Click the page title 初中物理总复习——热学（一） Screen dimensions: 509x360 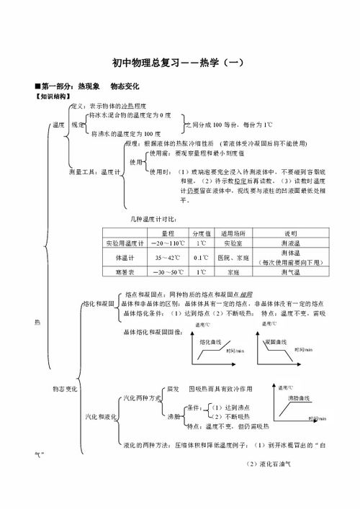pyautogui.click(x=180, y=63)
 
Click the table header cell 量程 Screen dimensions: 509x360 pyautogui.click(x=168, y=234)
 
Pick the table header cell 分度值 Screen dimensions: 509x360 pyautogui.click(x=201, y=234)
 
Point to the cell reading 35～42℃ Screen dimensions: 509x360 pyautogui.click(x=168, y=257)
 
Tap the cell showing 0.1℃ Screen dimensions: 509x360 pyautogui.click(x=201, y=257)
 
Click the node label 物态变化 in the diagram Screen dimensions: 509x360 pyautogui.click(x=65, y=389)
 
